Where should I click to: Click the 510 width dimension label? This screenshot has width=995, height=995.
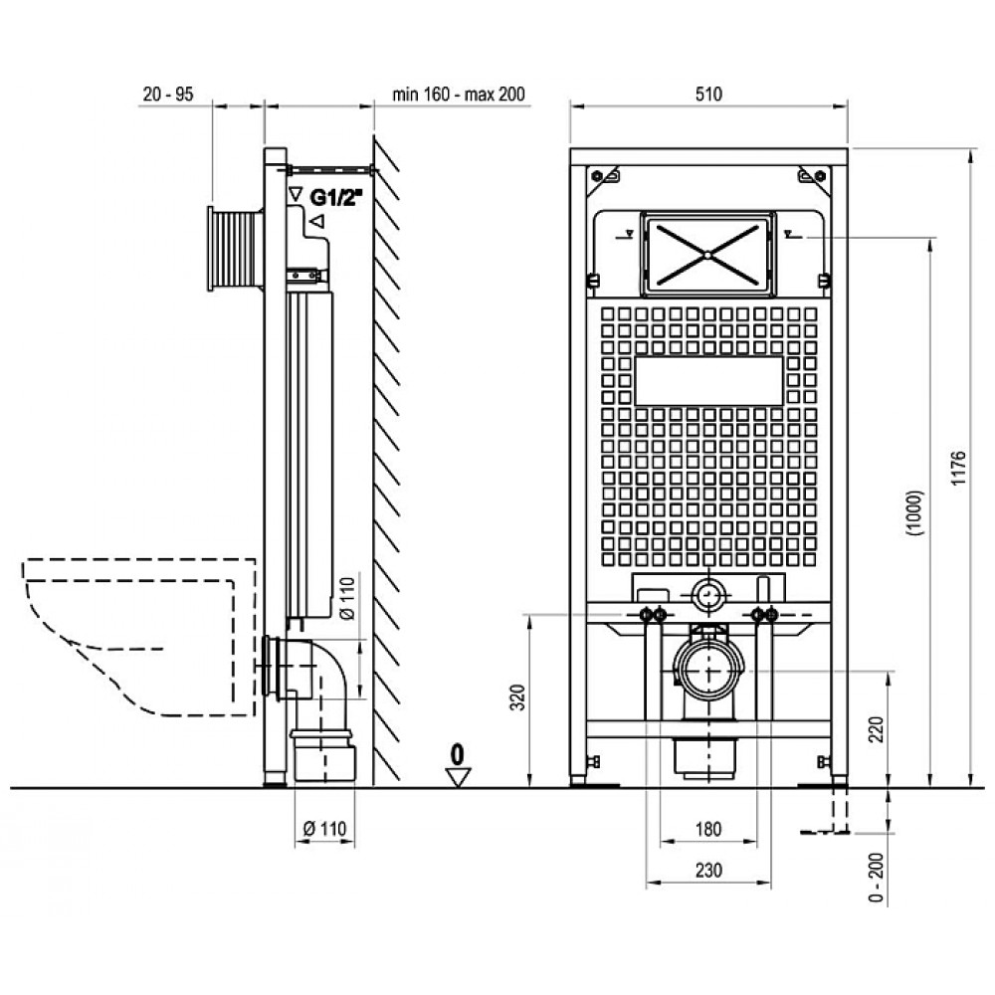708,94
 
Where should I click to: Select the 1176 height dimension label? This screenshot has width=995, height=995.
958,469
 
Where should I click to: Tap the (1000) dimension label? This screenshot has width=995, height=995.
914,513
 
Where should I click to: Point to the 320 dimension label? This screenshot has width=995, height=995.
518,697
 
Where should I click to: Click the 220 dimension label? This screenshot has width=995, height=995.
876,729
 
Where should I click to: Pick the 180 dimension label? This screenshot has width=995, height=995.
708,830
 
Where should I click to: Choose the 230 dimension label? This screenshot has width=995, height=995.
708,870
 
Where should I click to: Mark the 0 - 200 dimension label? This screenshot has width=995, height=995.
876,878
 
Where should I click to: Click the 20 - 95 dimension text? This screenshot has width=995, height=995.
168,94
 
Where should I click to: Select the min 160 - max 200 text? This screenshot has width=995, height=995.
459,94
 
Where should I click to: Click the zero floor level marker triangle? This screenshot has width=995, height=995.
458,777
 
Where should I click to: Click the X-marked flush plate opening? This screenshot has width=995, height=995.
707,255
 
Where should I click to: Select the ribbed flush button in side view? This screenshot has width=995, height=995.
234,248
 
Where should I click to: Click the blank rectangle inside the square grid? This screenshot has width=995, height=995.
708,381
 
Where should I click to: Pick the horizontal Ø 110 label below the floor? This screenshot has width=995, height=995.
325,829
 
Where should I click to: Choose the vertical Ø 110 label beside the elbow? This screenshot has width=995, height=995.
347,597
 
